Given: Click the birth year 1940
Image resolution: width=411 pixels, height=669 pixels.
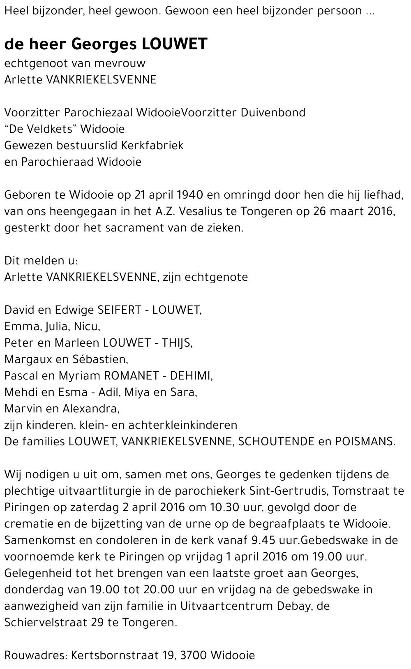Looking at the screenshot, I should (191, 195).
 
